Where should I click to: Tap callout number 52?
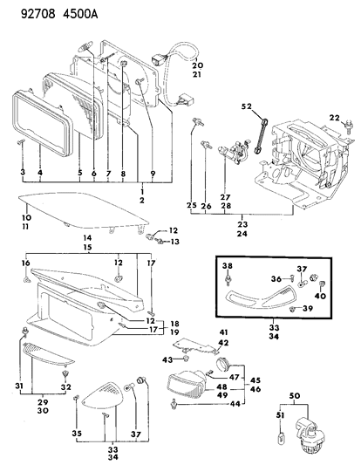[x=246, y=106]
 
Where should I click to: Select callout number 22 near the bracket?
[x=334, y=118]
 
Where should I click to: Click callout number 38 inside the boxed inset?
[x=227, y=264]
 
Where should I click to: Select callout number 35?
[x=77, y=433]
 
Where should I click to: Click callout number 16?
[x=25, y=263]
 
